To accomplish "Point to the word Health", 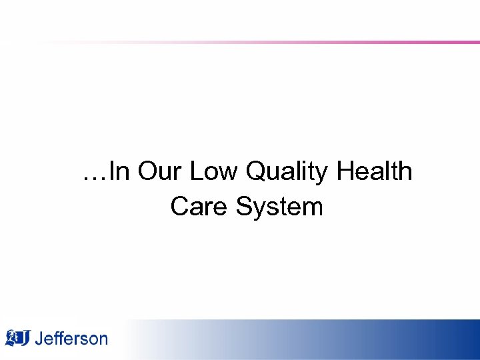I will pyautogui.click(x=375, y=172).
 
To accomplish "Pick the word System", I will pyautogui.click(x=279, y=207).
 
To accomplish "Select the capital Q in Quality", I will pyautogui.click(x=256, y=172).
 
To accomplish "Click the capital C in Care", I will pyautogui.click(x=179, y=206).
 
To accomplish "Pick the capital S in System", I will pyautogui.click(x=243, y=206).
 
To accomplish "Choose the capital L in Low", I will pyautogui.click(x=196, y=172).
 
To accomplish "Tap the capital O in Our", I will pyautogui.click(x=147, y=172).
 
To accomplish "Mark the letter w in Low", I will pyautogui.click(x=229, y=175).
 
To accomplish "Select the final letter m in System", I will pyautogui.click(x=313, y=208).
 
